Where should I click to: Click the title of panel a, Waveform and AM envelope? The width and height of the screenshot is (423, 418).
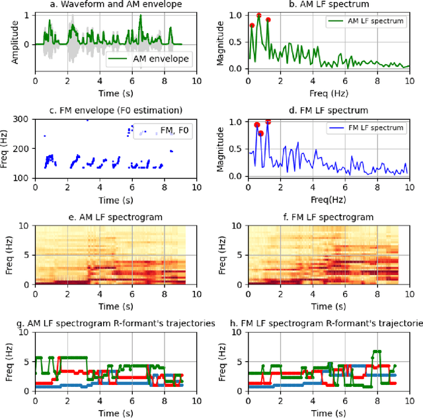[x=116, y=5]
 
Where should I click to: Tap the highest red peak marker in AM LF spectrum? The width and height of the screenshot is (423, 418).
[x=258, y=15]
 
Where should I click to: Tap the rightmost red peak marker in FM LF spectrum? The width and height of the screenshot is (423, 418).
[x=268, y=122]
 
